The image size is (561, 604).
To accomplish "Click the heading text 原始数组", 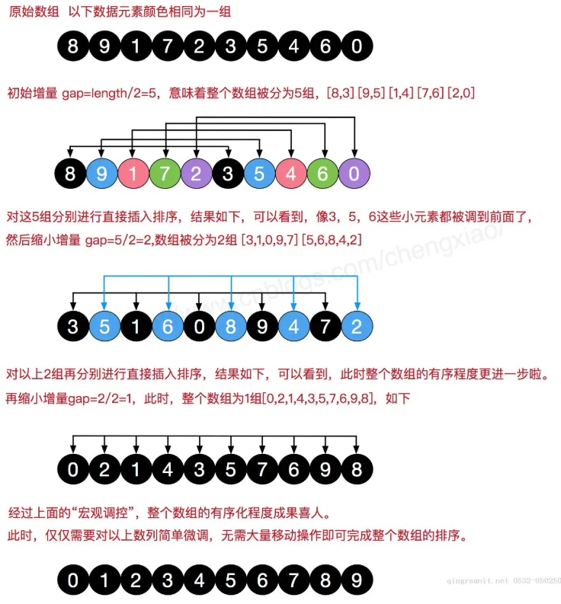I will point(31,12).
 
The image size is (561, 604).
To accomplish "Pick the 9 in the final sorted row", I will point(356,580).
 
